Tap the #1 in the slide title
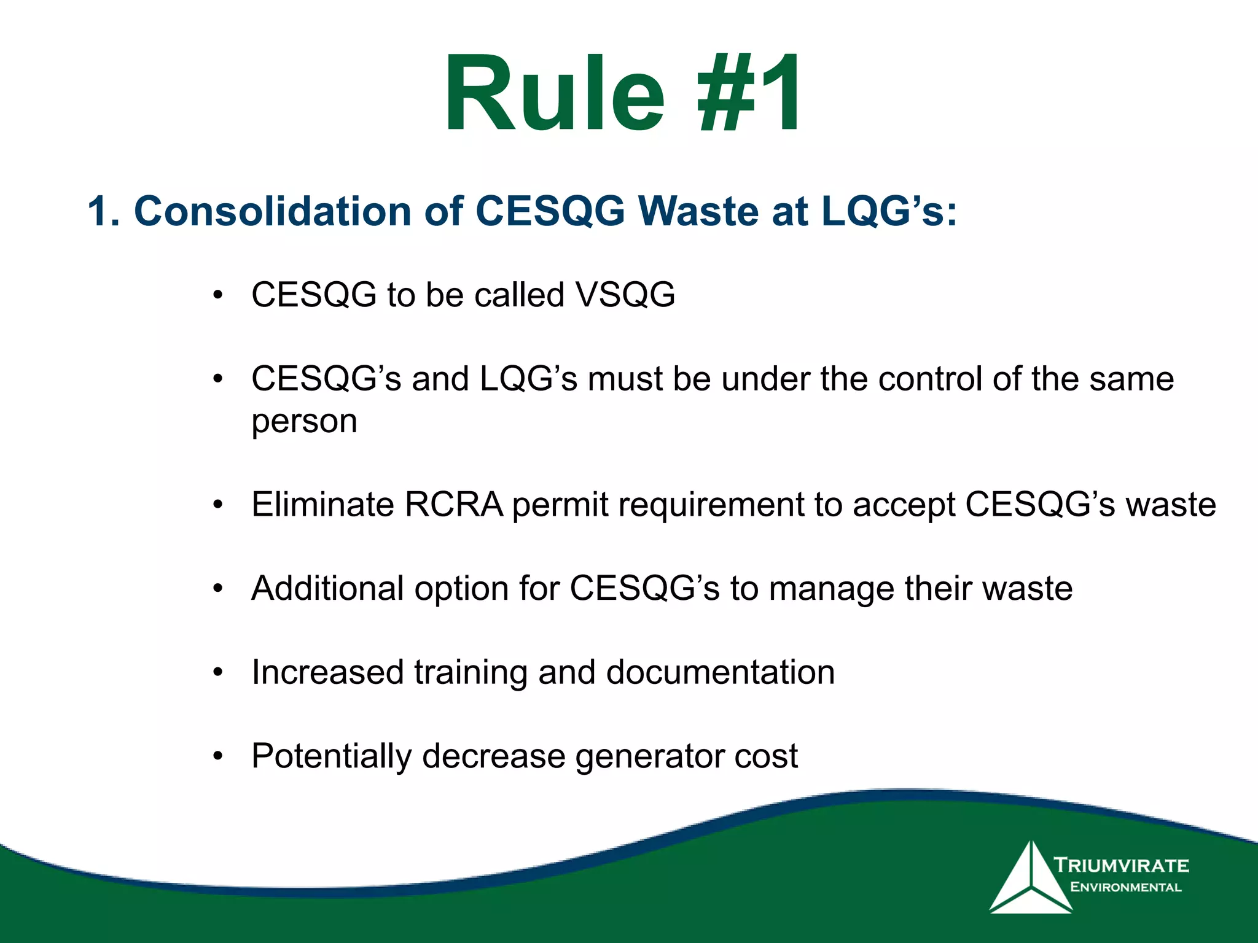coord(749,95)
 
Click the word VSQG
coord(625,295)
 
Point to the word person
coord(304,422)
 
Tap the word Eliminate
coord(322,505)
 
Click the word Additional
coord(327,588)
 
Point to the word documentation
coord(721,672)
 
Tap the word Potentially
coord(331,756)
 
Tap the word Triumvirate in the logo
coord(1122,866)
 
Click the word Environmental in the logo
coord(1125,887)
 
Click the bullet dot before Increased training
coord(217,672)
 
